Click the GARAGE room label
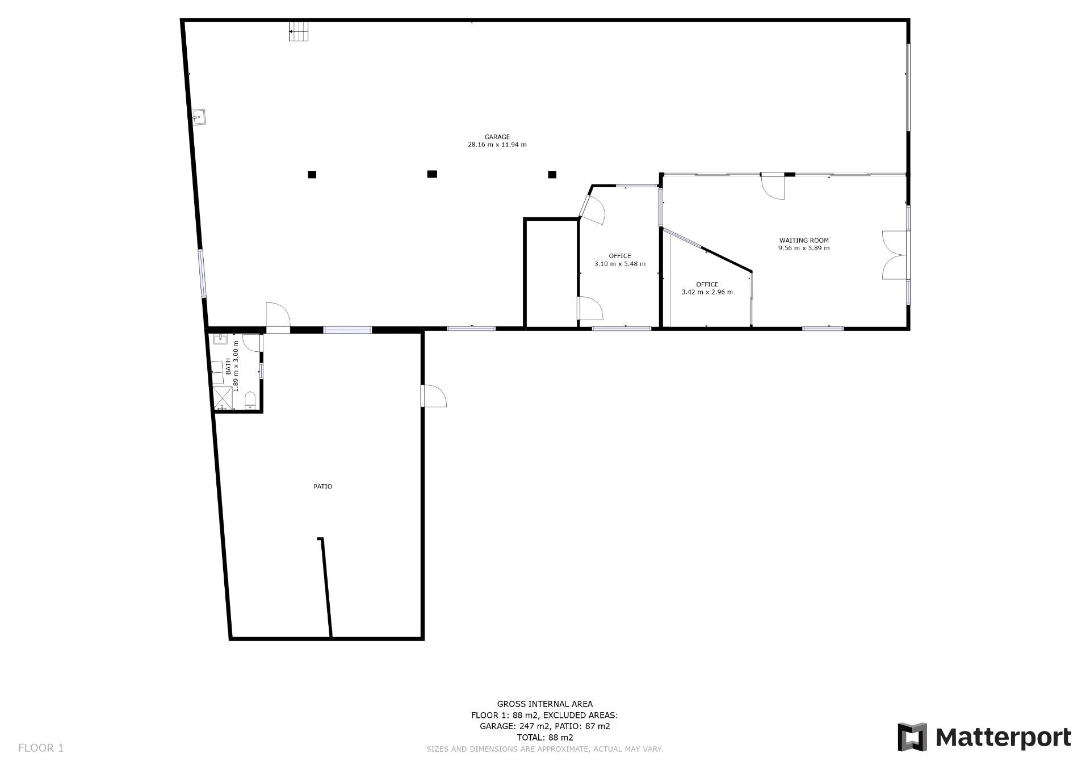(x=497, y=137)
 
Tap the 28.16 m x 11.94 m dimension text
(x=497, y=145)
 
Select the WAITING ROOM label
(x=804, y=241)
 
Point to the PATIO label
(x=322, y=486)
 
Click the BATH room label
(x=228, y=366)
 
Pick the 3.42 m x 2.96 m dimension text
(x=707, y=292)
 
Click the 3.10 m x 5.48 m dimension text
(x=619, y=264)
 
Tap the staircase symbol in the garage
(x=299, y=31)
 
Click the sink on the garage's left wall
(x=199, y=117)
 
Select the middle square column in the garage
(x=432, y=174)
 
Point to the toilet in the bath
(x=250, y=400)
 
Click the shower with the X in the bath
(x=223, y=398)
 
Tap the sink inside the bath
(x=220, y=340)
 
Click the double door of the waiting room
(x=895, y=255)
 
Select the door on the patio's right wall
(x=434, y=396)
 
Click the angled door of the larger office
(x=593, y=208)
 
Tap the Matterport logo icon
(x=912, y=737)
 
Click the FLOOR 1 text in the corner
(x=41, y=748)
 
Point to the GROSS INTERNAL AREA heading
(x=545, y=704)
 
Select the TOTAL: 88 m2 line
(x=545, y=738)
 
